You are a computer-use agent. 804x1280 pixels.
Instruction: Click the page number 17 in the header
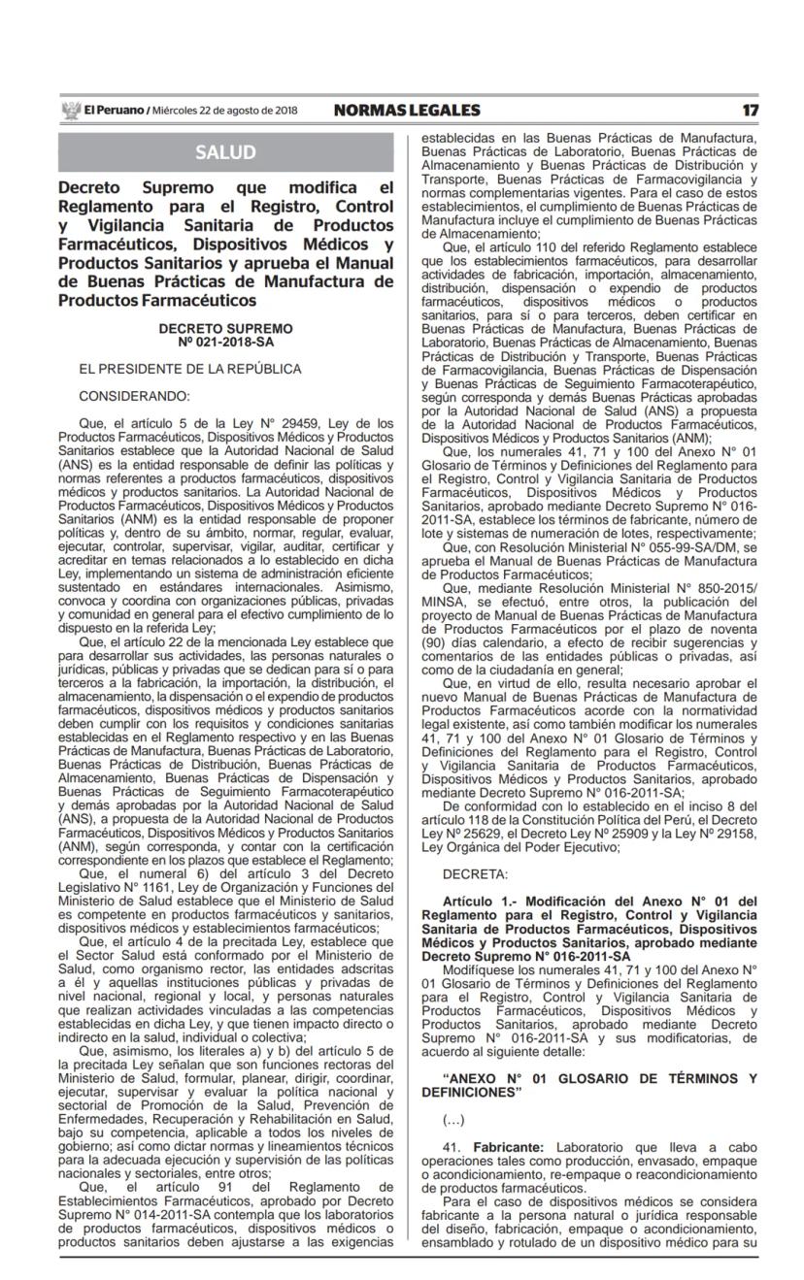point(751,111)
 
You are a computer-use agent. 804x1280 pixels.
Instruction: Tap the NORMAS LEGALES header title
point(406,111)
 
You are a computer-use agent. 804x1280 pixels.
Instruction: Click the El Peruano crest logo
point(70,111)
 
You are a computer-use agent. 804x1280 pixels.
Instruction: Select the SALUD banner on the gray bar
point(225,152)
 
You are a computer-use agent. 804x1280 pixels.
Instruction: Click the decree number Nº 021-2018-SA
point(225,342)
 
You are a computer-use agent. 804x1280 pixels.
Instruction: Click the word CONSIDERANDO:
point(134,396)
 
